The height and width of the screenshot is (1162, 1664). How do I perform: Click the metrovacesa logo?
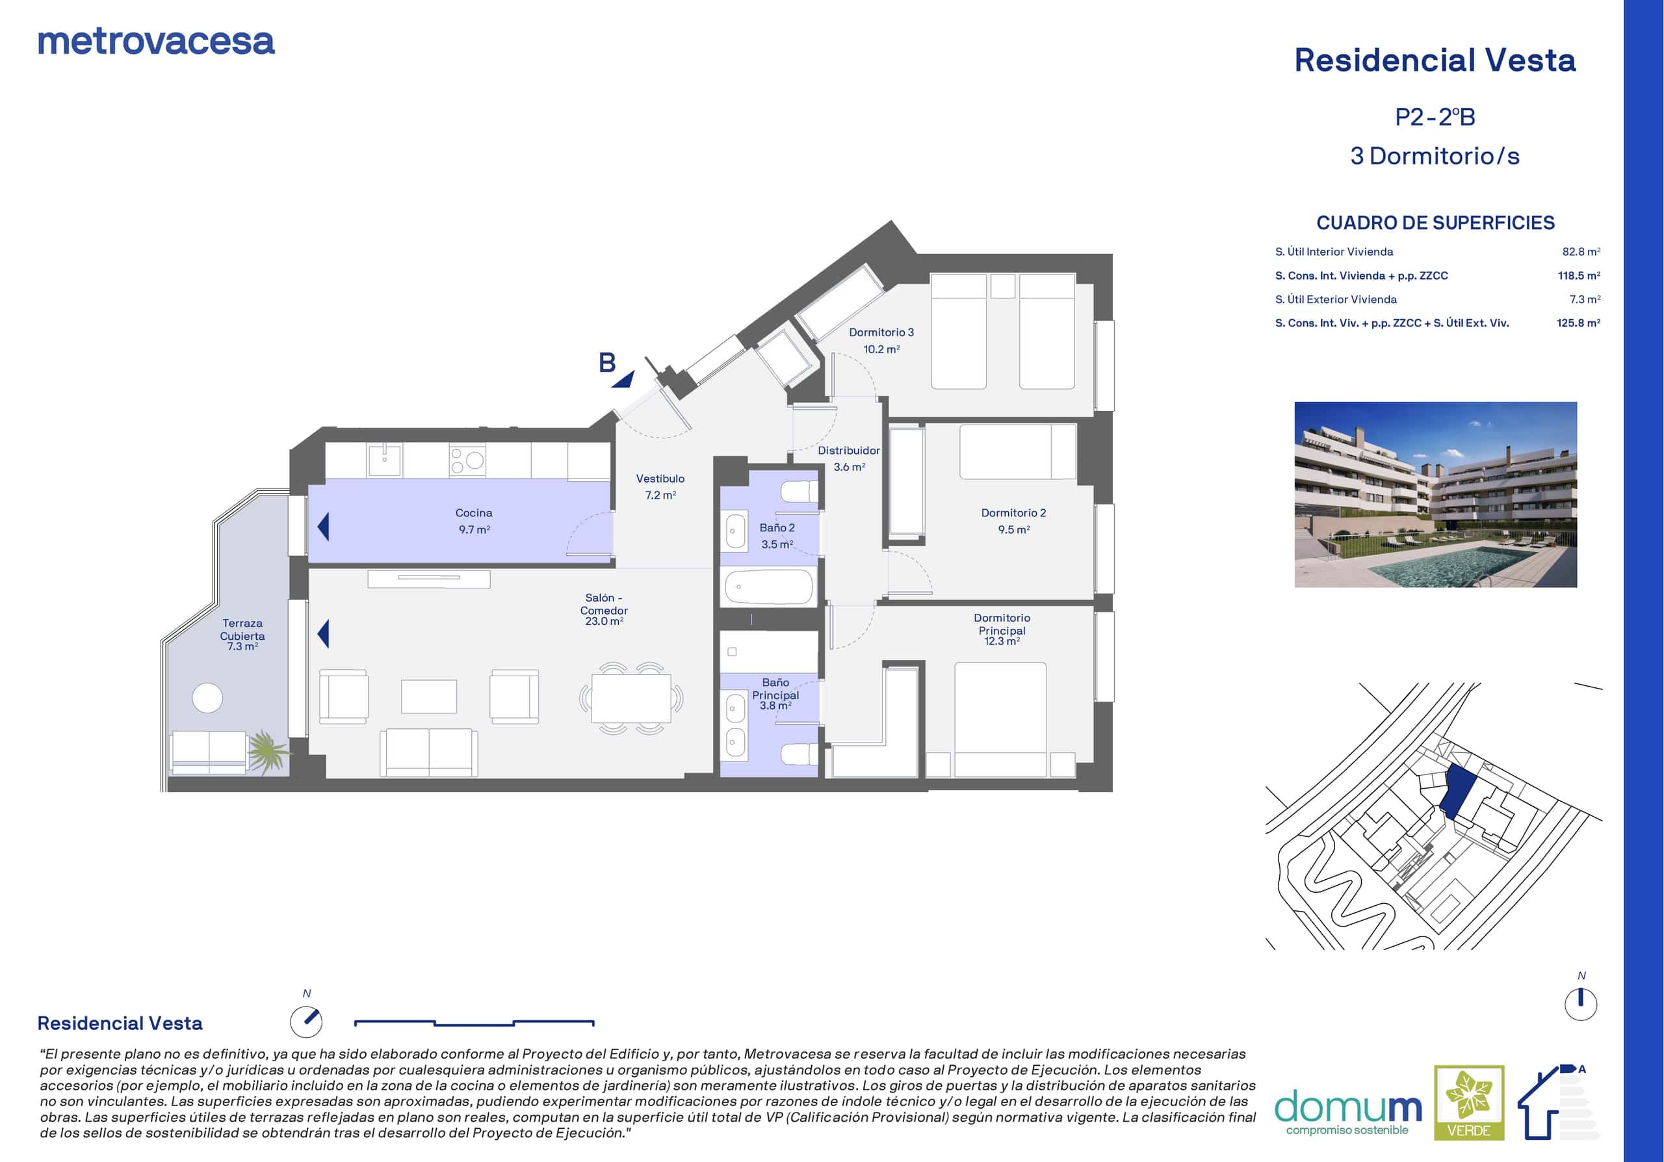click(156, 42)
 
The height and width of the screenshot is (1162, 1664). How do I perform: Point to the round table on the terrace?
click(207, 698)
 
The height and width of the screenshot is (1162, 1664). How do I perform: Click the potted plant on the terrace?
click(268, 750)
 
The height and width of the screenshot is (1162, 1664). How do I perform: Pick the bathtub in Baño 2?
click(770, 587)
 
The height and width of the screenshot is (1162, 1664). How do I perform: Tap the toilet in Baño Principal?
click(799, 754)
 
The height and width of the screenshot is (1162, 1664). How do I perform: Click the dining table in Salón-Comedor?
click(631, 699)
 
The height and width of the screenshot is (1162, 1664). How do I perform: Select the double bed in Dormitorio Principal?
click(1000, 719)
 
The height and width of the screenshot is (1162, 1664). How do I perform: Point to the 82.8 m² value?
click(1581, 252)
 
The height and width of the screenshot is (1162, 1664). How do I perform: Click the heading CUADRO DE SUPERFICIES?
click(1435, 222)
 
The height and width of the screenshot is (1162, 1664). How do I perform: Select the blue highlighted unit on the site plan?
click(1456, 791)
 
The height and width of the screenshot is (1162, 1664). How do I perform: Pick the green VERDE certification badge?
click(1469, 1102)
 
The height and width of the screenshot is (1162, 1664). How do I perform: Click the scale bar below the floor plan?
click(474, 1023)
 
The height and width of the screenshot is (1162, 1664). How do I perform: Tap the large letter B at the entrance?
click(607, 362)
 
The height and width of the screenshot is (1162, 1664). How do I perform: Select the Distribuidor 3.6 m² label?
click(849, 458)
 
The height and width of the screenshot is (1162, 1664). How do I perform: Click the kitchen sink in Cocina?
click(385, 460)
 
